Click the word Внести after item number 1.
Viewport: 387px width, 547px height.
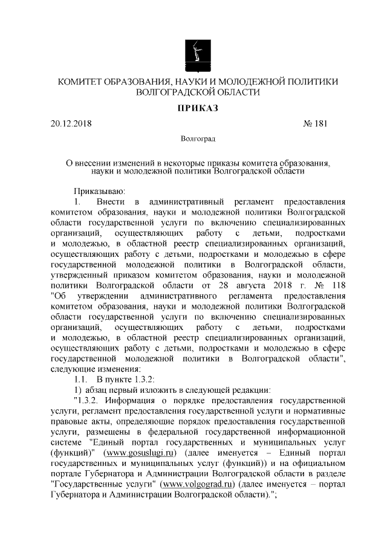coord(109,201)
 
